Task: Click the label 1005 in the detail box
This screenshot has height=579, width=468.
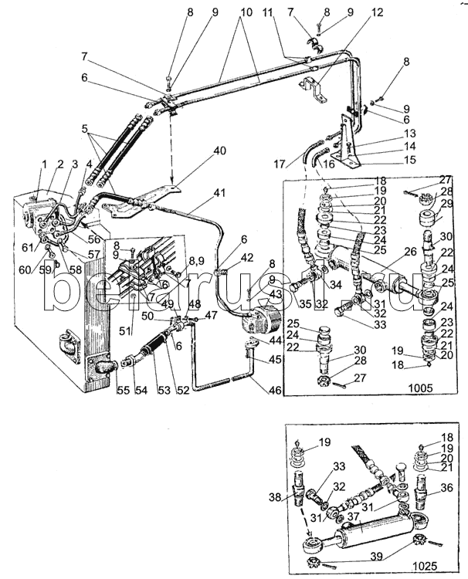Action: click(421, 388)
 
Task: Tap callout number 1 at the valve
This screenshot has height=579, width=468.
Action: click(44, 164)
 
